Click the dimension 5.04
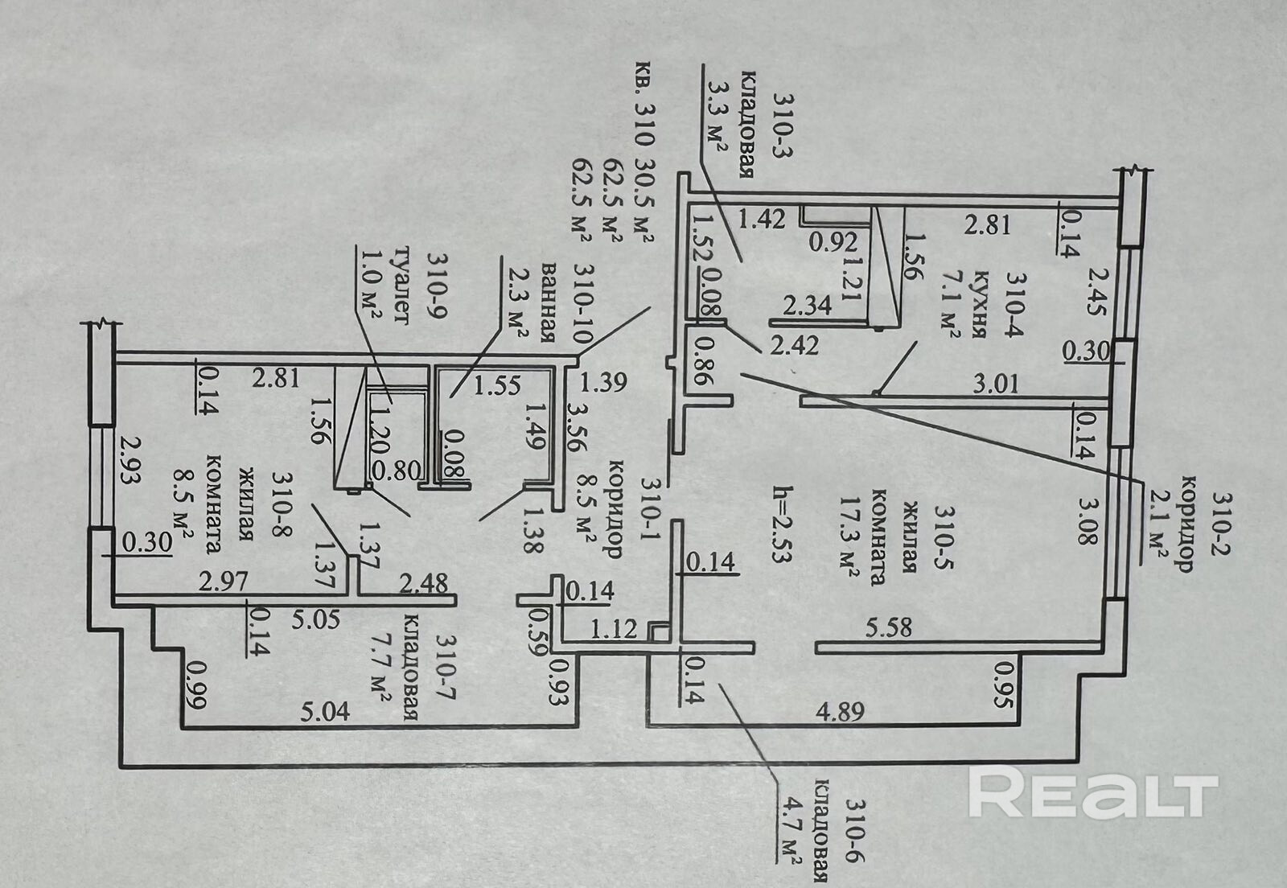pyautogui.click(x=325, y=712)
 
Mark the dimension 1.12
pyautogui.click(x=614, y=628)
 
